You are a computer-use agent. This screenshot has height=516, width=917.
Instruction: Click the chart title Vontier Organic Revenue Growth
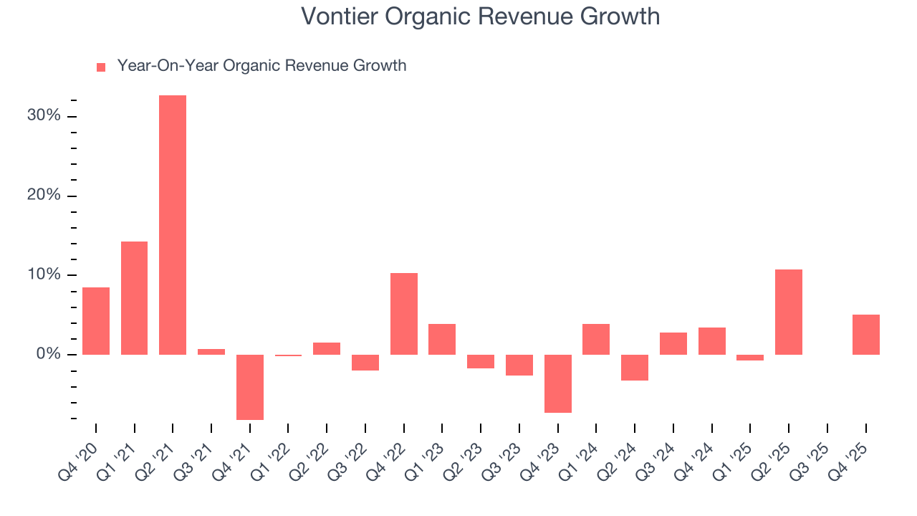coord(480,16)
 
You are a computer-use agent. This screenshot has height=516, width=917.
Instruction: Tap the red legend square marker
coord(101,67)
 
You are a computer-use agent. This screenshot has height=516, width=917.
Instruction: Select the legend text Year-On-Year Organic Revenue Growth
coord(261,66)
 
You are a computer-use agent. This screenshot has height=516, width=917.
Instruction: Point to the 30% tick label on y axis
coord(44,116)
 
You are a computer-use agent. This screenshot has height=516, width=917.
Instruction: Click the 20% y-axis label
coord(44,196)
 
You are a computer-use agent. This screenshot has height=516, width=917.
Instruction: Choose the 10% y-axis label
coord(44,275)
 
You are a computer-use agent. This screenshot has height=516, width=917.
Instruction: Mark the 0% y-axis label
coord(48,355)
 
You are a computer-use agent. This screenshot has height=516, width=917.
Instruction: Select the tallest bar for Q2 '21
coord(173,225)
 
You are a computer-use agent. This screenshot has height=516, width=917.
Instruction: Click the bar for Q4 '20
coord(96,321)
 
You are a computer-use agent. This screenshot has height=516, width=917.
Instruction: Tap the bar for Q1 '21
coord(134,298)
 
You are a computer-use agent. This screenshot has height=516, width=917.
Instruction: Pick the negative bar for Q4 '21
coord(250,387)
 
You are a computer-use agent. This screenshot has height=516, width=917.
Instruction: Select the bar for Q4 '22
coord(404,314)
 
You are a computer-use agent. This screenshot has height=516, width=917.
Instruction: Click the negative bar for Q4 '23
coord(558,383)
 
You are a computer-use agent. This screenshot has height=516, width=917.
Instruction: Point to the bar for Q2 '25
coord(789,312)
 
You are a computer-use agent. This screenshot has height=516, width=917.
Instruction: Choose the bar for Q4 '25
coord(865,335)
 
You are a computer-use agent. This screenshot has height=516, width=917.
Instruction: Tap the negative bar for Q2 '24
coord(635,368)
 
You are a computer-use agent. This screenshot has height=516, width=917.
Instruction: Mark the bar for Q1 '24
coord(596,339)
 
